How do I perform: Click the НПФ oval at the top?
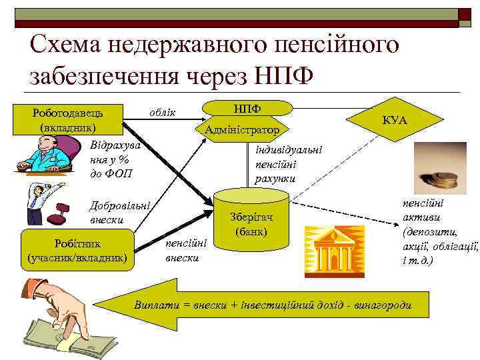247,107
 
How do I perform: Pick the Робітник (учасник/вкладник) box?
77,248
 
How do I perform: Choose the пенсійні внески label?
185,249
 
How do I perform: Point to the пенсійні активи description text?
439,231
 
